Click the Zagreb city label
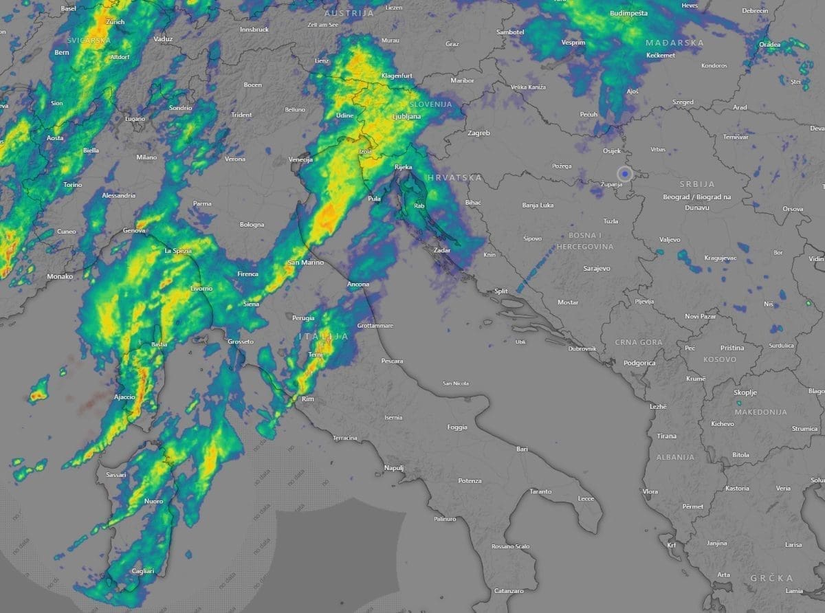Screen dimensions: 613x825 click(x=478, y=133)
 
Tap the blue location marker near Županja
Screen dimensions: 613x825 click(x=624, y=173)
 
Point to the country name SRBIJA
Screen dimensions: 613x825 click(x=697, y=184)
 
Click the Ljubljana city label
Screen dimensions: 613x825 click(x=406, y=117)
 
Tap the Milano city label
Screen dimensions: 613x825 click(x=146, y=157)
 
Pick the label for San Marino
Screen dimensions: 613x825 click(x=305, y=263)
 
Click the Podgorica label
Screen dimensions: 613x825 click(x=639, y=363)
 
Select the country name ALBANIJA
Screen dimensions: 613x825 click(x=675, y=457)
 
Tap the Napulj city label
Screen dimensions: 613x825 click(x=393, y=467)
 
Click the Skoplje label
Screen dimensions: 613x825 click(x=745, y=392)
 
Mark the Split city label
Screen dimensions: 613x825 click(x=500, y=291)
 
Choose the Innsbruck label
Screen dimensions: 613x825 click(x=254, y=30)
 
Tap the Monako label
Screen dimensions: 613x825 click(x=60, y=276)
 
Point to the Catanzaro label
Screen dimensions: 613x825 click(x=509, y=591)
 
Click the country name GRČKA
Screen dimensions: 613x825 click(x=771, y=578)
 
